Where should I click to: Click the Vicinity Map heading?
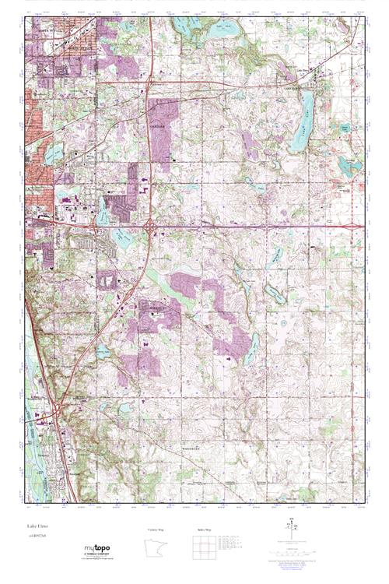tap(156, 529)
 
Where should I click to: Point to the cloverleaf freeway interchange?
tap(148, 226)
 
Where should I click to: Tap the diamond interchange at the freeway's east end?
tap(357, 227)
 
